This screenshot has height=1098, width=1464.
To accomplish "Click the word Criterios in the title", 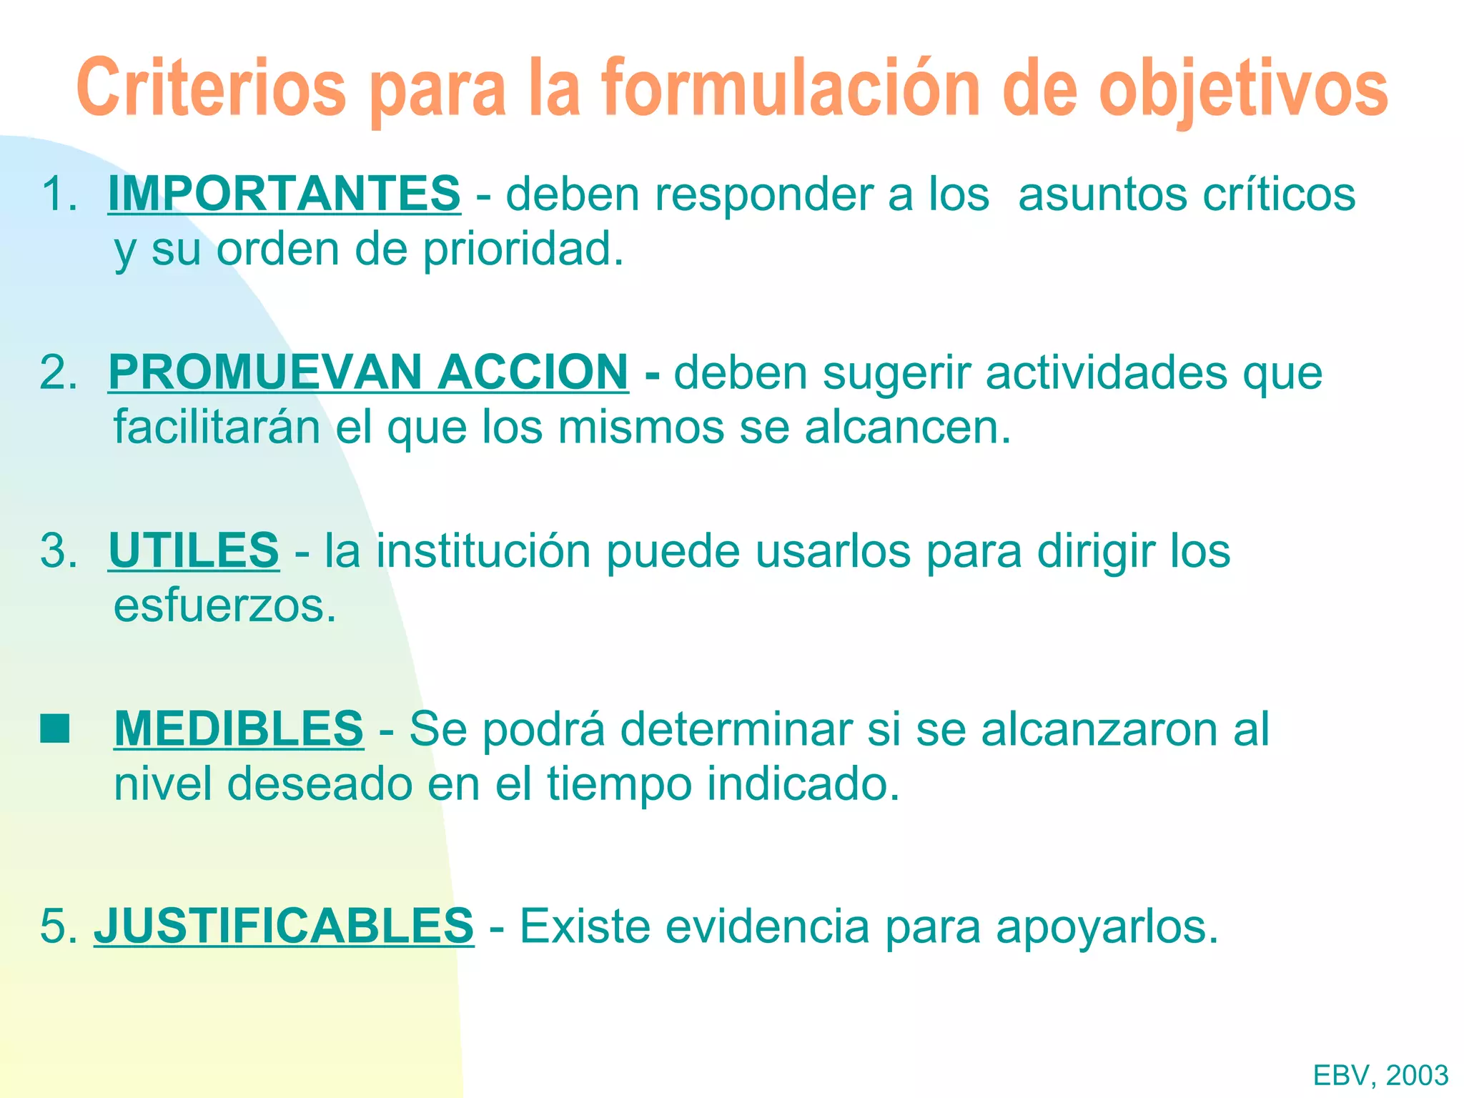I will (x=212, y=88).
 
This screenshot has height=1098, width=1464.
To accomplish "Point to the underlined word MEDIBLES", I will (x=239, y=728).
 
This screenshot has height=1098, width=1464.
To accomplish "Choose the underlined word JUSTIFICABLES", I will (x=284, y=926).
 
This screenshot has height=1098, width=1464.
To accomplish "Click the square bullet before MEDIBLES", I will (x=55, y=729).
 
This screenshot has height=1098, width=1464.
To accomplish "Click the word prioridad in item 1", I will (x=523, y=249).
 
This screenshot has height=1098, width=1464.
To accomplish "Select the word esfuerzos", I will (x=224, y=605).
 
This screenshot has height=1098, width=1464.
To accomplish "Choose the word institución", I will (x=483, y=550).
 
